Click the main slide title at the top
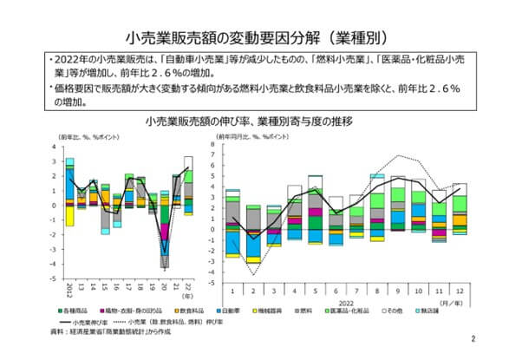pos(260,38)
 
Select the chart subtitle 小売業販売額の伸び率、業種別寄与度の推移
pos(260,121)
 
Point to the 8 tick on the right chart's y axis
pos(224,147)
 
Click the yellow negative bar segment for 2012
pos(69,215)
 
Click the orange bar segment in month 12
pos(459,219)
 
